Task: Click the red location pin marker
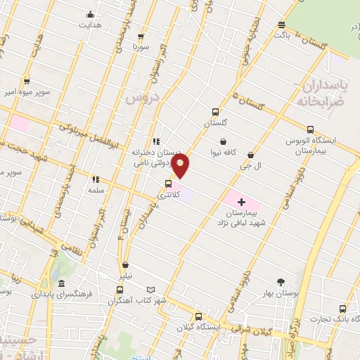(x=181, y=167)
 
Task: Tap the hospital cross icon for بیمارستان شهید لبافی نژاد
(x=242, y=202)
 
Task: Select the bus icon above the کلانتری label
(x=167, y=184)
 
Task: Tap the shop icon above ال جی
(x=250, y=155)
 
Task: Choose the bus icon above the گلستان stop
(x=216, y=112)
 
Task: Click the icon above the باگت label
(x=281, y=23)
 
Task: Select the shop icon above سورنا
(x=141, y=36)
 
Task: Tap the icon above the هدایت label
(x=89, y=15)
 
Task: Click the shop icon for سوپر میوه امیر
(x=27, y=81)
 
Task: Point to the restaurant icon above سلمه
(x=96, y=179)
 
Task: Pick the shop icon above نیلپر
(x=125, y=266)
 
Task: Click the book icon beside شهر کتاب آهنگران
(x=150, y=290)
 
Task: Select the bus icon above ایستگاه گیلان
(x=198, y=316)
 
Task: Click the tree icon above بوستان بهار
(x=281, y=282)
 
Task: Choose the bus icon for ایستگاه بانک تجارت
(x=343, y=309)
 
